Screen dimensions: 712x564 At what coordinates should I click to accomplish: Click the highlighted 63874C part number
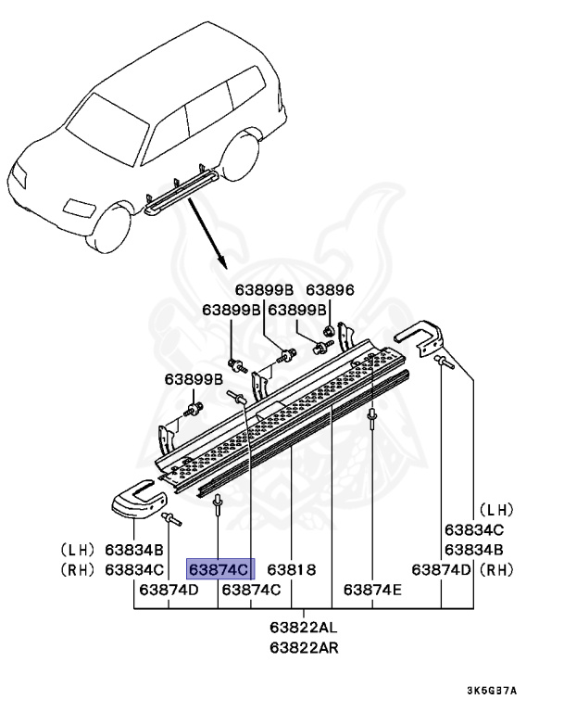click(219, 568)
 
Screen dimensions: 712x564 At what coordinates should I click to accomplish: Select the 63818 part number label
click(293, 568)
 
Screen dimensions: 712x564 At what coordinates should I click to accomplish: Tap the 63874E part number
click(372, 589)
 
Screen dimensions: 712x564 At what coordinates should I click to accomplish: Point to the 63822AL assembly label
click(305, 628)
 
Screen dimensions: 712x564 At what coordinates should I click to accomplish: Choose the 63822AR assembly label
click(305, 646)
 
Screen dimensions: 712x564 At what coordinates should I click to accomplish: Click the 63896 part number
click(330, 290)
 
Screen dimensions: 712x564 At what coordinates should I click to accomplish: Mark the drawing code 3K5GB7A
click(491, 691)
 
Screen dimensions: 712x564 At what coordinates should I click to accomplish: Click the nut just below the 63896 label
click(329, 331)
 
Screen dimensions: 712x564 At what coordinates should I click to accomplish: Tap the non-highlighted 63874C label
click(251, 589)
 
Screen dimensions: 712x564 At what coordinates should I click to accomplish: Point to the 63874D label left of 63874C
click(169, 589)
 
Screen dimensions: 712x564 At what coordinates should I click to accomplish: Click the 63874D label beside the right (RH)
click(443, 568)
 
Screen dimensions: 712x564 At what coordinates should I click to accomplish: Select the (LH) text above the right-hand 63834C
click(495, 510)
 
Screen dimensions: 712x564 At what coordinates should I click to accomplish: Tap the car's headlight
click(26, 175)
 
